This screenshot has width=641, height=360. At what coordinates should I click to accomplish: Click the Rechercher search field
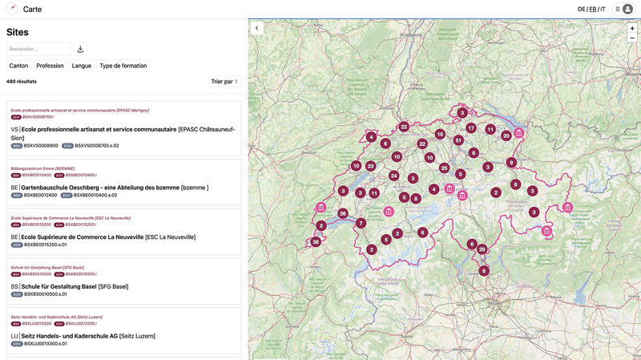[39, 49]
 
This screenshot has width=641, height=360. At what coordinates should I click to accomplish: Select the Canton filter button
[18, 66]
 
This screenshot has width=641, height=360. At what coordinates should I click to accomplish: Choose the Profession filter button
[50, 66]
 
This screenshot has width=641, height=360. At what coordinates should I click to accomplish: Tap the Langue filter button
[82, 66]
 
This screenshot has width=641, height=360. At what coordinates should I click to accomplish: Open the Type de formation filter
[123, 66]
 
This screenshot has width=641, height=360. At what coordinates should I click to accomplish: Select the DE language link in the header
[582, 9]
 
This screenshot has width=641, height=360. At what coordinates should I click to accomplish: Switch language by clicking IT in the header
[603, 9]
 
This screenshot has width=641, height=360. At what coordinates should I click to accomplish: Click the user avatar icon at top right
[627, 9]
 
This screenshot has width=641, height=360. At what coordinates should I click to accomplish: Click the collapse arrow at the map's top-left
[257, 28]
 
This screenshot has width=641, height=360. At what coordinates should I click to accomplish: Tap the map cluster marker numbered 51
[458, 140]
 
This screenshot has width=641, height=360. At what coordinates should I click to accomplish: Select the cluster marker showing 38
[316, 241]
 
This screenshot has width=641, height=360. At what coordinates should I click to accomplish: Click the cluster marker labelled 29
[482, 249]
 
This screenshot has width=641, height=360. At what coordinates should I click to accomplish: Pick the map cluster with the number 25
[444, 168]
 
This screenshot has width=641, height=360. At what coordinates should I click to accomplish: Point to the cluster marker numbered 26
[343, 213]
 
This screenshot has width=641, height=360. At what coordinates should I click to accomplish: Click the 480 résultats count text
[22, 81]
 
